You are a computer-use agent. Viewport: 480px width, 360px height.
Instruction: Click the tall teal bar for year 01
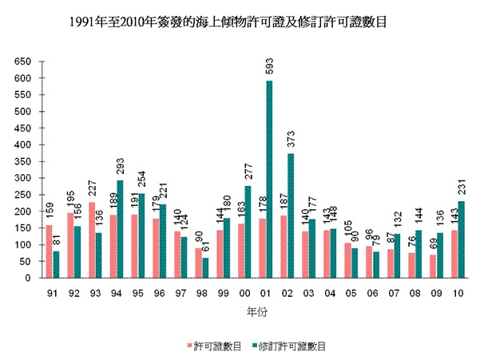[x=268, y=180]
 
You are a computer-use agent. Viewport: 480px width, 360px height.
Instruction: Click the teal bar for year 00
[x=248, y=232]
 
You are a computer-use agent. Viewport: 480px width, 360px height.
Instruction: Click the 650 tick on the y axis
[x=23, y=61]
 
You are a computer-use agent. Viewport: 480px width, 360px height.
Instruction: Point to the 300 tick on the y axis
[x=23, y=178]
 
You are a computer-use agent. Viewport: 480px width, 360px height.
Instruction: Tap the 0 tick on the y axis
[x=29, y=279]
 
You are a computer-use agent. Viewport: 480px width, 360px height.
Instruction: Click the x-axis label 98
[x=200, y=293]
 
